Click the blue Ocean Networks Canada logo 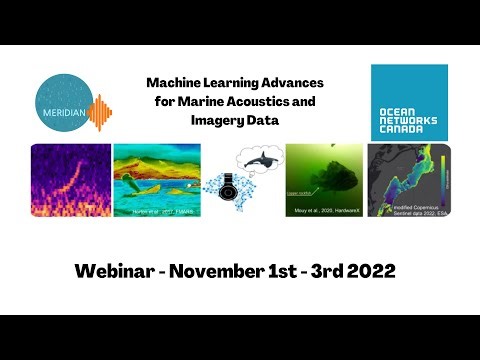pos(409,102)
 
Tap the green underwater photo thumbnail pos(324,181)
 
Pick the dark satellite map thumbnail pos(409,181)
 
